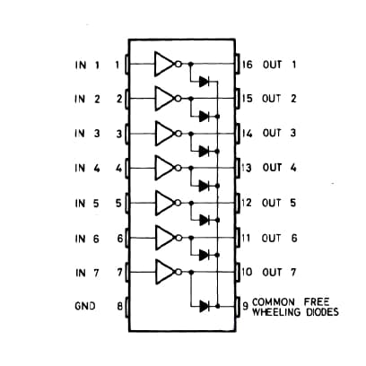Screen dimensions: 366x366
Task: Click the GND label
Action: coord(85,306)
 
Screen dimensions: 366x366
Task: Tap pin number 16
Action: coord(248,65)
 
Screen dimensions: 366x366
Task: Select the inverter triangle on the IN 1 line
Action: coord(164,64)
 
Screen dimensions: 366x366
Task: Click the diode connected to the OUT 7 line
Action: coord(205,306)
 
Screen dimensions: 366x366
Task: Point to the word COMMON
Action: coord(274,301)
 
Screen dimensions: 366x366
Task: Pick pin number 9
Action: coord(246,306)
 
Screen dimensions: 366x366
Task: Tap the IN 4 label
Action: coord(87,168)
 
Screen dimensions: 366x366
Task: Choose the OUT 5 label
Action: coord(279,203)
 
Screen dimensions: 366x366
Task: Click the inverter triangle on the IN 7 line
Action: coord(164,272)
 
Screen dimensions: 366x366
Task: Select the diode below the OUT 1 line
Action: coord(205,81)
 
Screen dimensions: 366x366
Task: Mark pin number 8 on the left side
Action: coord(119,306)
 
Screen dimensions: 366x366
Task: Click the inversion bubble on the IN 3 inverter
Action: coord(179,134)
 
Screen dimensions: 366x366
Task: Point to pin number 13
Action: coord(247,168)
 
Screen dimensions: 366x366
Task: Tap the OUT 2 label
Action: coord(279,99)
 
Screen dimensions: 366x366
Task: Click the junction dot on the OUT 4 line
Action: coord(191,168)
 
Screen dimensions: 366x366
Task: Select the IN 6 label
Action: coord(87,239)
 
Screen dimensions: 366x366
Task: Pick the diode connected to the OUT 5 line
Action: coord(205,220)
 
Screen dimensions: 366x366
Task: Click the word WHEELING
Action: coord(276,312)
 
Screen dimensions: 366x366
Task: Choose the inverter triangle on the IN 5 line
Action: coord(164,203)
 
